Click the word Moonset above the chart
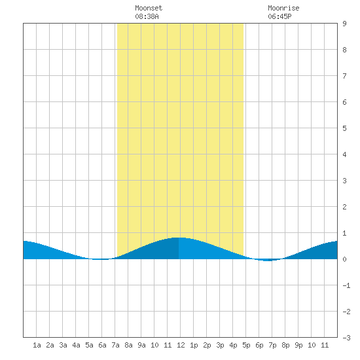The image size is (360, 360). pos(149,8)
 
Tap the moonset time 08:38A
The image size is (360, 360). pos(147,16)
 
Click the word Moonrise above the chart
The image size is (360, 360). pos(283,8)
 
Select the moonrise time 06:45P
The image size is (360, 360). pos(279,16)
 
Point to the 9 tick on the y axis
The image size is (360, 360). pos(344,24)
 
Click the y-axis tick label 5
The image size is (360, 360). pos(344,128)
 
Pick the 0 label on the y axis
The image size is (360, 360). pos(344,259)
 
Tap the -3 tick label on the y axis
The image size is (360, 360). pos(346,338)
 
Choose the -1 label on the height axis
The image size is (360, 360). pos(346,285)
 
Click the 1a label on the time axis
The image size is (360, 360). pos(37,345)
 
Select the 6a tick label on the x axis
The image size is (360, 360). pos(102,345)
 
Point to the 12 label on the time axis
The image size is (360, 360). pos(181,345)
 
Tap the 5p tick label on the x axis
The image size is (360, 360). pos(246,345)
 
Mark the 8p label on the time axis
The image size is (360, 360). pos(285,345)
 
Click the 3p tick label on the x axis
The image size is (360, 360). pos(220,345)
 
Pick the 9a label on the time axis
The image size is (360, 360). pos(141,345)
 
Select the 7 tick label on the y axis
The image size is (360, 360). pos(344,76)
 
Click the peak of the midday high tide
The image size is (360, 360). pos(179,238)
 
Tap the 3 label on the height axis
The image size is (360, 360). pos(344,181)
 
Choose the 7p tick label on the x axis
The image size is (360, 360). pos(272,345)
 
